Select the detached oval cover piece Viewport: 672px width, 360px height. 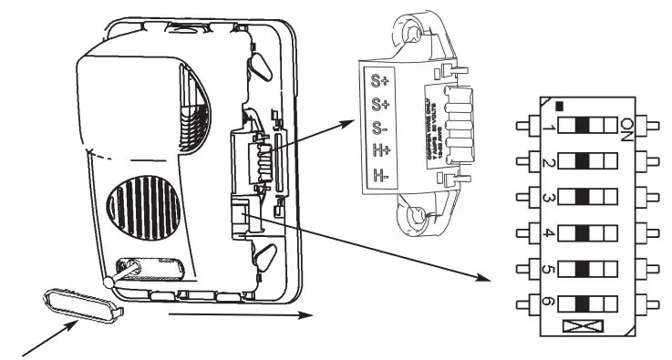[80, 302]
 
